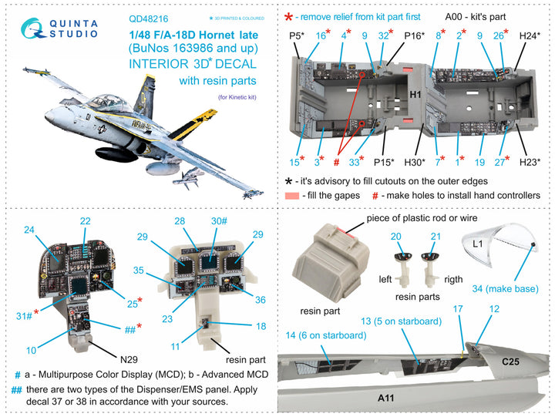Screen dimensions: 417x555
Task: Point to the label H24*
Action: [529, 35]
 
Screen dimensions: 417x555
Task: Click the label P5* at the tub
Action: [297, 35]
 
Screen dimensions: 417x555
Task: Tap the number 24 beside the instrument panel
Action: [29, 229]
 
